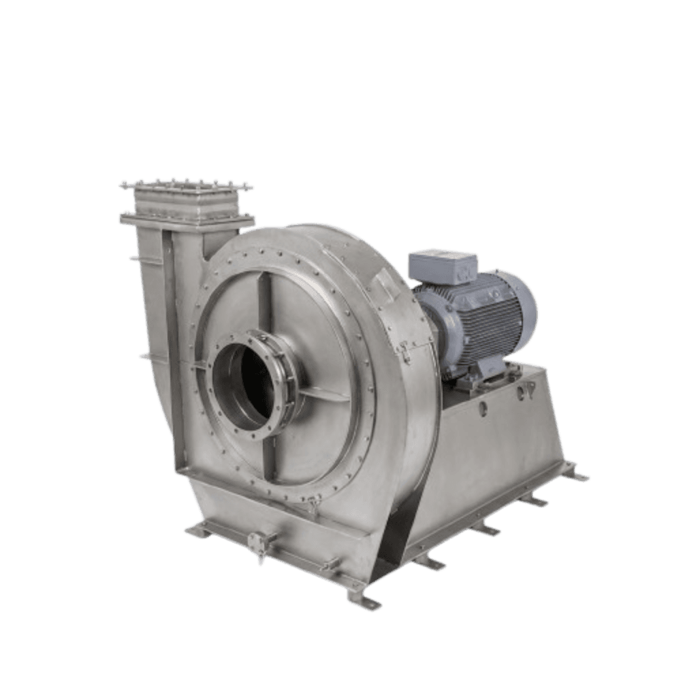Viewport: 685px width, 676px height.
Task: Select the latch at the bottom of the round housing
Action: tap(313, 504)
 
